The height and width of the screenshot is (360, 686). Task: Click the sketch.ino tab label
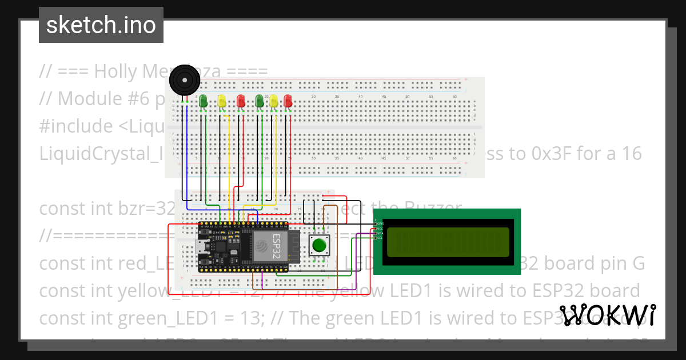[101, 25]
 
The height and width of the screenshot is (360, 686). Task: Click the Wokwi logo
[607, 315]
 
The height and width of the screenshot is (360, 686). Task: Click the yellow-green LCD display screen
[448, 242]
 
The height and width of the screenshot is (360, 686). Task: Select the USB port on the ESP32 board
[204, 247]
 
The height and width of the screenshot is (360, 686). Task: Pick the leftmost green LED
[204, 101]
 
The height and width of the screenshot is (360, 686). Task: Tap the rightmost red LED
[288, 101]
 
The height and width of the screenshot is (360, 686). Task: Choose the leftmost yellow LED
[222, 101]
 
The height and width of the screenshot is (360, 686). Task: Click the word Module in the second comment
[89, 99]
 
